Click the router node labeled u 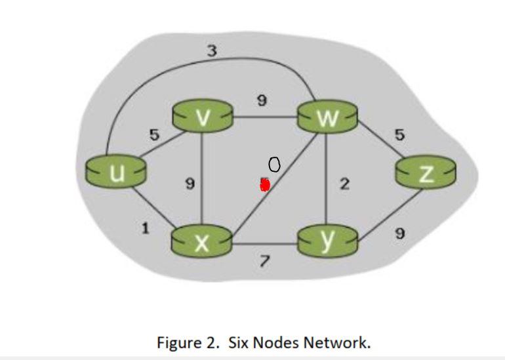pos(116,172)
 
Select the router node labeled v pos(203,117)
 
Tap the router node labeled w pos(327,118)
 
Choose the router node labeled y pos(327,241)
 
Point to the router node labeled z pos(426,173)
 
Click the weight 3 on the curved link pos(212,50)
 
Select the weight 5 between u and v pos(154,135)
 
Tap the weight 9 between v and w pos(262,100)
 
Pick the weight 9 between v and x pos(190,184)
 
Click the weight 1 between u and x pos(145,228)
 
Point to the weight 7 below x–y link pos(264,262)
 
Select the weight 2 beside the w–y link pos(344,185)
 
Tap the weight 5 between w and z pos(399,135)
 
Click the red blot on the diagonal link pos(264,185)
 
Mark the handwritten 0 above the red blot pos(275,165)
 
